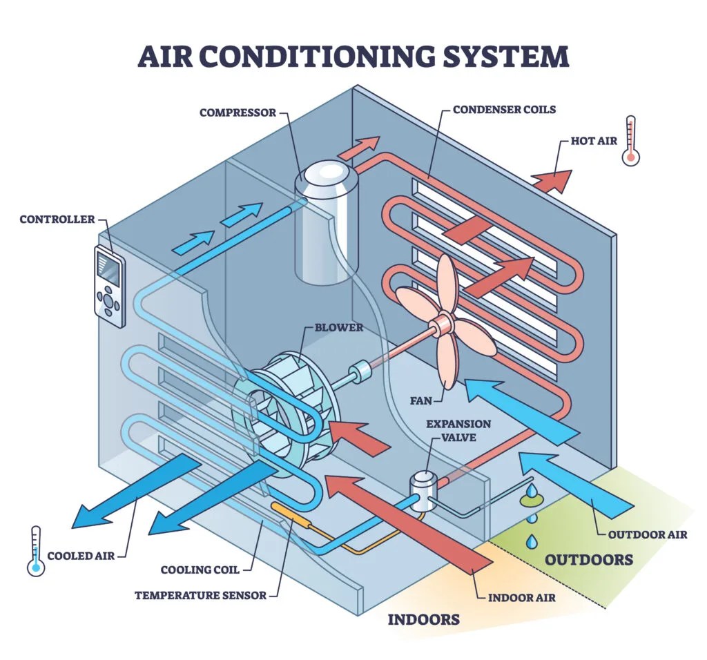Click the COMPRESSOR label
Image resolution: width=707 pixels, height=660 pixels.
[238, 112]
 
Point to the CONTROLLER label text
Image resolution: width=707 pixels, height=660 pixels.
[57, 220]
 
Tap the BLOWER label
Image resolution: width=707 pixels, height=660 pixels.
[338, 327]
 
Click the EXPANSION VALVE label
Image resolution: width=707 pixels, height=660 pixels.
[458, 430]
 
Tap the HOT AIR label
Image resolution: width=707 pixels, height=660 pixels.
[594, 141]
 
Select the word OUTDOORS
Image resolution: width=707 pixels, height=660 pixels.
[588, 559]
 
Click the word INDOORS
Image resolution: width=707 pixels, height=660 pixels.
[423, 619]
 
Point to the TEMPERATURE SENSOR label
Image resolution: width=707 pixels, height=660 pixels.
[200, 595]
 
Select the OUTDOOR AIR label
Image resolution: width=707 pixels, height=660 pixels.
[648, 534]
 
